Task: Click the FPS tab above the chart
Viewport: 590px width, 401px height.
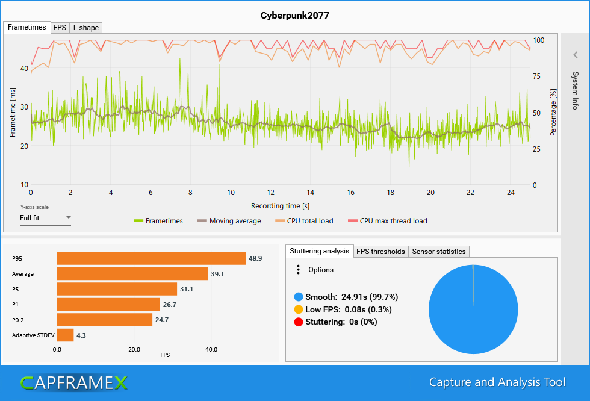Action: click(60, 28)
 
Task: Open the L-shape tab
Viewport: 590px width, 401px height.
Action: click(85, 28)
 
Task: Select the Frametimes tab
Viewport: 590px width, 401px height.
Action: click(27, 27)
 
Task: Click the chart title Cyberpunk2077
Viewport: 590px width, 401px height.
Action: click(295, 15)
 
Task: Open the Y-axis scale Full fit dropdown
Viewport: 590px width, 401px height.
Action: click(45, 218)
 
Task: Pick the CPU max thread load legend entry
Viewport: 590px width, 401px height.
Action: click(393, 221)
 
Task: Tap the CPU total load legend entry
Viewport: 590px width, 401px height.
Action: click(309, 221)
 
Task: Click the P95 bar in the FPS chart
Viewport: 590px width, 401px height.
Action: click(151, 258)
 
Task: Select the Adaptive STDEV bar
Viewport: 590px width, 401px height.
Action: click(65, 335)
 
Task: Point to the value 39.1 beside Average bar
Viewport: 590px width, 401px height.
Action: click(217, 274)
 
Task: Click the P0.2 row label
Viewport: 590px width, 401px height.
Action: click(20, 320)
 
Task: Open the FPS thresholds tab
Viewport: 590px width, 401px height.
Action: click(380, 252)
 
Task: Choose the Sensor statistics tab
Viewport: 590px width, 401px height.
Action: click(439, 252)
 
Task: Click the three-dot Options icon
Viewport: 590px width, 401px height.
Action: click(298, 270)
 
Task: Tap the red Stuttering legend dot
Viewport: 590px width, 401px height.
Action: click(298, 322)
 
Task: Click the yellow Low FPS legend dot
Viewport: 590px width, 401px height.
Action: click(298, 309)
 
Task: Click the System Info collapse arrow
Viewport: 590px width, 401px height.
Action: click(575, 55)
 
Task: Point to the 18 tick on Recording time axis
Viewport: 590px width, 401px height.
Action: click(391, 193)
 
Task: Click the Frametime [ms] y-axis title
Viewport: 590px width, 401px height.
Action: click(13, 111)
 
